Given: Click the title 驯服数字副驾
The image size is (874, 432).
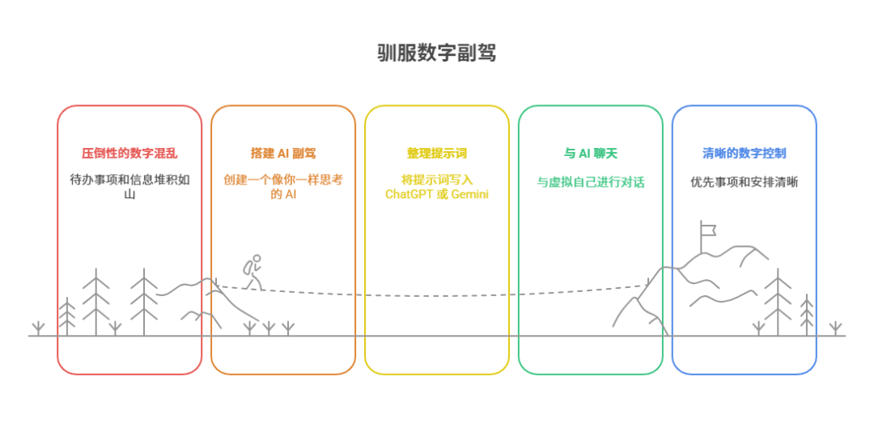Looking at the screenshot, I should tap(436, 53).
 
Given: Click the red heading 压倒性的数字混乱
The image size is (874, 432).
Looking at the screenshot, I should tap(129, 153).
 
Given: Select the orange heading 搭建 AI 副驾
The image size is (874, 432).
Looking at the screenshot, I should tap(283, 153).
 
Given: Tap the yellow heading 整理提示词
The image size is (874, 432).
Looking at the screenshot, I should tap(437, 153).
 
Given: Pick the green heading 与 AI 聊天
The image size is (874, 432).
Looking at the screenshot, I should tap(591, 153).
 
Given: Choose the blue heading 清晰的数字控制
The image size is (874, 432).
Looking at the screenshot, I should tap(745, 153).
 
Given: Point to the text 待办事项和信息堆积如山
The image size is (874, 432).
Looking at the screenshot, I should tap(129, 187).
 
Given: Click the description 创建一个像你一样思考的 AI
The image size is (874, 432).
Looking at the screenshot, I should tap(283, 187).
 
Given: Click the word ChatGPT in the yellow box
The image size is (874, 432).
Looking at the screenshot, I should tap(409, 194).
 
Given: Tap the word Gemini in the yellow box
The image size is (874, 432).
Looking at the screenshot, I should tap(469, 194).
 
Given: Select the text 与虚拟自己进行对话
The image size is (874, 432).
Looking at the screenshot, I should tap(591, 182).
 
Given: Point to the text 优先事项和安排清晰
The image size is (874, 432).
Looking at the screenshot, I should tap(745, 182).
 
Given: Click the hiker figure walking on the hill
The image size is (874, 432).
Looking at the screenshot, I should tap(252, 272).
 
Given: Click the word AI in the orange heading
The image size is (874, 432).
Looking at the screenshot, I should tap(285, 153).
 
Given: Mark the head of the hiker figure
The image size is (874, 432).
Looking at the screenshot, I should tap(257, 260).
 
